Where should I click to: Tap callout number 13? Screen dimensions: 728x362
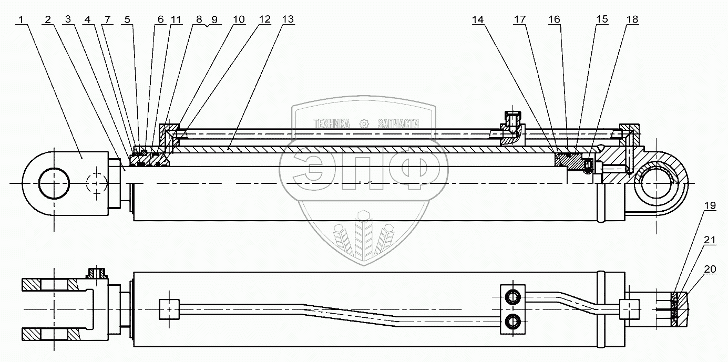click(x=288, y=20)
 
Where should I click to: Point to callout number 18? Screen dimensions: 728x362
click(x=632, y=20)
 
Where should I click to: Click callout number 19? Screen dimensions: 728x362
click(x=710, y=206)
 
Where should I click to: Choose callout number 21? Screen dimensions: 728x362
click(x=710, y=240)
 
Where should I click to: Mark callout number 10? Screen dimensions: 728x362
click(x=239, y=20)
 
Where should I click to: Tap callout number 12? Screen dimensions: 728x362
click(x=264, y=20)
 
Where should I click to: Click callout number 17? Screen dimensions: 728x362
click(x=519, y=20)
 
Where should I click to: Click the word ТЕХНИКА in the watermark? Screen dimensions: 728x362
click(x=332, y=124)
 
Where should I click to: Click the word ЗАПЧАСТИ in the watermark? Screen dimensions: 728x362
click(x=398, y=124)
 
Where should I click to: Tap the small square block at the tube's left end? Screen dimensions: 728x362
click(x=169, y=308)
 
